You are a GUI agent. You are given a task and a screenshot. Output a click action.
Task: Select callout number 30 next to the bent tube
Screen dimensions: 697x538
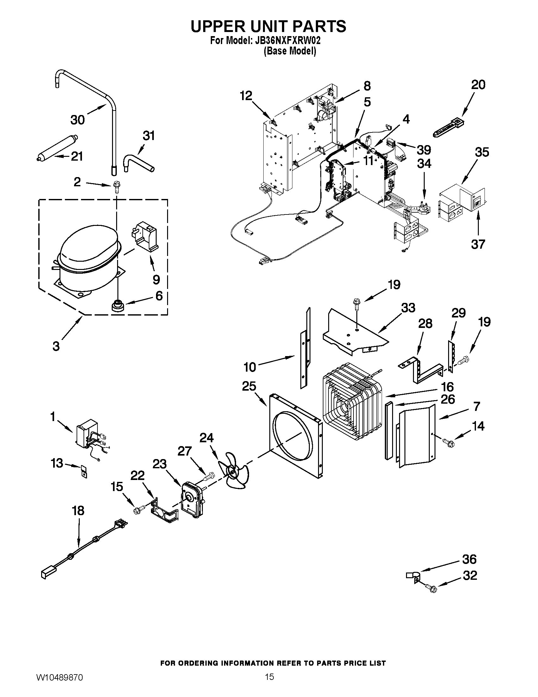[x=78, y=120]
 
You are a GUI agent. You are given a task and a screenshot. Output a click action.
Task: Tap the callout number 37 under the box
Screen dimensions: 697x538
[x=478, y=245]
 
